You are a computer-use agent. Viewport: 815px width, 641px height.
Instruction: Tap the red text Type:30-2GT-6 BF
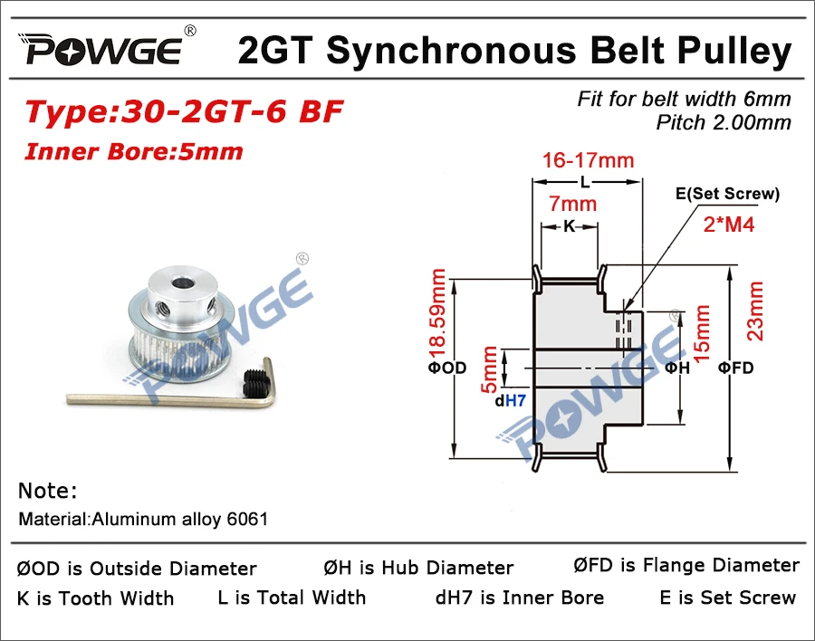[184, 113]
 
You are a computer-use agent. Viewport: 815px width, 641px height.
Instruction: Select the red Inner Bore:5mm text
[134, 150]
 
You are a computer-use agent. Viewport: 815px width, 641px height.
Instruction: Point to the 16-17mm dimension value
[588, 161]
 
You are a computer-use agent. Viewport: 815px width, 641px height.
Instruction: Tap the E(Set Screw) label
[727, 194]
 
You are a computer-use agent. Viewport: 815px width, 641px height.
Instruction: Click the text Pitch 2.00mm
[724, 122]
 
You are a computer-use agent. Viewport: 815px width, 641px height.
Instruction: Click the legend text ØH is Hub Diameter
[418, 569]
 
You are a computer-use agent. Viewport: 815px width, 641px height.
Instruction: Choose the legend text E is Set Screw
[728, 598]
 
